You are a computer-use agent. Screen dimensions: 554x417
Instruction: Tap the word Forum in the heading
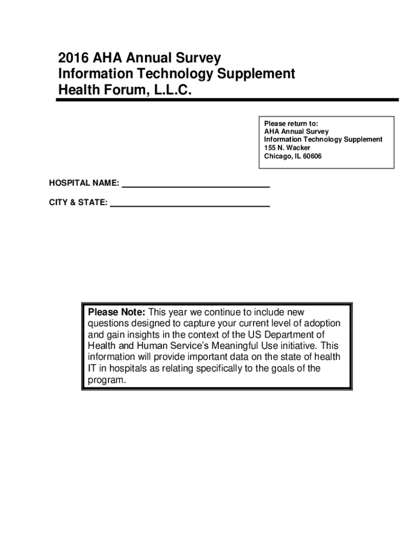pyautogui.click(x=118, y=90)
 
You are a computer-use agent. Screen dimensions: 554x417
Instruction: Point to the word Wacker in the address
pyautogui.click(x=298, y=148)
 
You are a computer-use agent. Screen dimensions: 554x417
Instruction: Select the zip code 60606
pyautogui.click(x=312, y=156)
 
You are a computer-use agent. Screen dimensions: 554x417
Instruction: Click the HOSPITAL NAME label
pyautogui.click(x=84, y=183)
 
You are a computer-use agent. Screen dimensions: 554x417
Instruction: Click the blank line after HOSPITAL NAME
pyautogui.click(x=196, y=186)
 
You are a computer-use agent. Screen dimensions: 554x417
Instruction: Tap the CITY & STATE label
pyautogui.click(x=78, y=203)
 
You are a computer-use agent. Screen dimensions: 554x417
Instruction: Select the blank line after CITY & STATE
pyautogui.click(x=190, y=206)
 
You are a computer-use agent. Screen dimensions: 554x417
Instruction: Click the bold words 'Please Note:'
pyautogui.click(x=116, y=312)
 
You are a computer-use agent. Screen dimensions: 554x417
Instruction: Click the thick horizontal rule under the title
pyautogui.click(x=228, y=100)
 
